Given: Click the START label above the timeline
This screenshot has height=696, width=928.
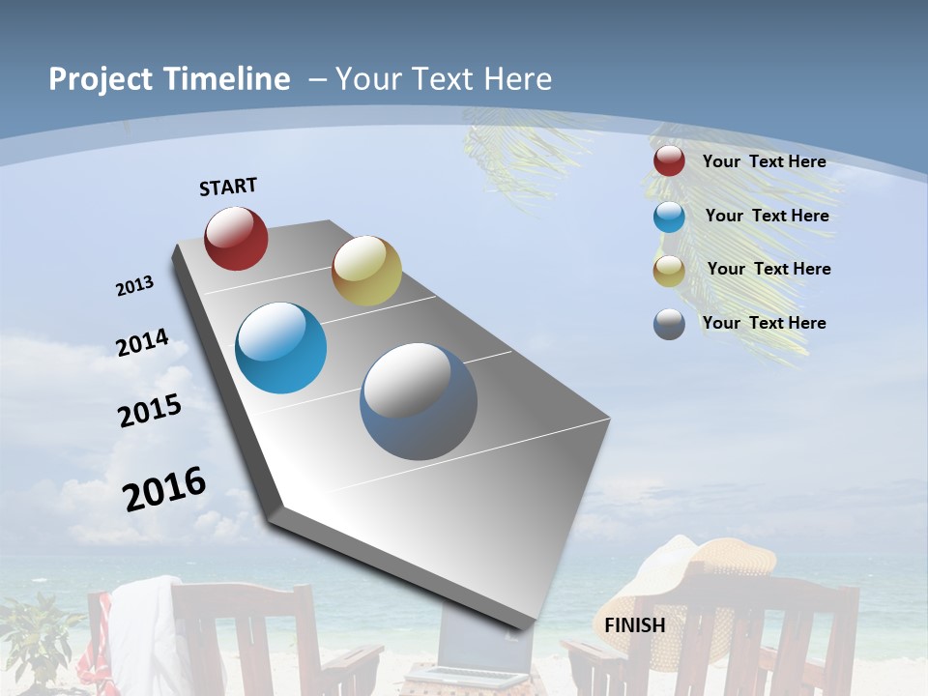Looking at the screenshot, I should (228, 187).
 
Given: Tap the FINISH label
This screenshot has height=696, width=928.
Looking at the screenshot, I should (635, 625).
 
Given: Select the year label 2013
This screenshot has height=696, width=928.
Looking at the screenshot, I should (135, 286).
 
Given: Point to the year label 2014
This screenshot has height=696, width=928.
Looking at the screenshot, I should (143, 342).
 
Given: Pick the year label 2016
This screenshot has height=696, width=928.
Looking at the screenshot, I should (165, 488).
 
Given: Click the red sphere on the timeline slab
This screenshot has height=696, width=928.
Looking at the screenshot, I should (236, 239).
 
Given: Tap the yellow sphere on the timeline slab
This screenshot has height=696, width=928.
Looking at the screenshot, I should (366, 271).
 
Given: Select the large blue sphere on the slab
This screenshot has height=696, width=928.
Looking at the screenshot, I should (281, 348).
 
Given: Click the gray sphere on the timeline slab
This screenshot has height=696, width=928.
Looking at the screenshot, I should (419, 401).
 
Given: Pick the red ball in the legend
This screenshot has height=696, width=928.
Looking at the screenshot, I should (669, 161).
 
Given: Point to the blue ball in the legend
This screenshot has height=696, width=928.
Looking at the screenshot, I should (669, 217).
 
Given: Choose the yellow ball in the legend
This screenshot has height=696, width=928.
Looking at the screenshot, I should (669, 271).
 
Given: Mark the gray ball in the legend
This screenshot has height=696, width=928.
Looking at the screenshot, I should (669, 324).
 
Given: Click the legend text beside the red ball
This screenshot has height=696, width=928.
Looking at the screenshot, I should (764, 161).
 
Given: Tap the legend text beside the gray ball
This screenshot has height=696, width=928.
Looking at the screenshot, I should (764, 323).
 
